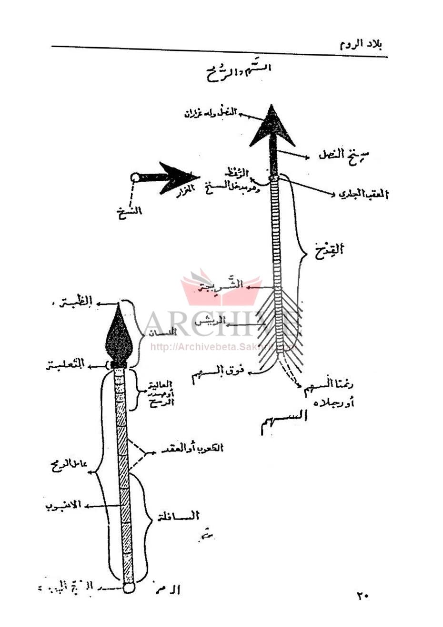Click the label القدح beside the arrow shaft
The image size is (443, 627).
point(328,248)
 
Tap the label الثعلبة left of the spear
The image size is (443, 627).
point(65,365)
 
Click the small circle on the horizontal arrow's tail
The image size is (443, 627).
point(135,177)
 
